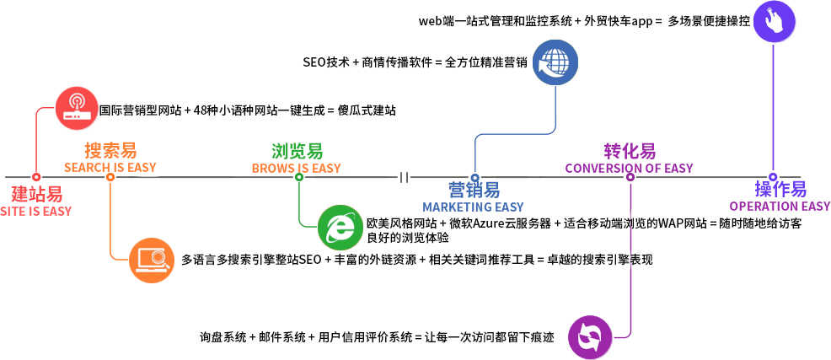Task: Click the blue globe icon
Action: [x=555, y=62]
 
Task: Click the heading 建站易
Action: [x=36, y=193]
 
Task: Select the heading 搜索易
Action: [x=110, y=151]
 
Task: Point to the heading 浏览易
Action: [x=297, y=152]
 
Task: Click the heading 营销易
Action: [x=474, y=190]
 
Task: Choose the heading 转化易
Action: [x=629, y=152]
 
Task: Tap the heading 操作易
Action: [x=780, y=190]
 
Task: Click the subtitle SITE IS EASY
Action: [x=36, y=211]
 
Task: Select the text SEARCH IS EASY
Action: [x=110, y=168]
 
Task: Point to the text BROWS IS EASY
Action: [x=297, y=169]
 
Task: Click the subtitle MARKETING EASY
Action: [x=473, y=207]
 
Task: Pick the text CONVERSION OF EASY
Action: [x=629, y=168]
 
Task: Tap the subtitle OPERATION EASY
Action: [x=780, y=207]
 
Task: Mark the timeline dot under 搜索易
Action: [x=110, y=177]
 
